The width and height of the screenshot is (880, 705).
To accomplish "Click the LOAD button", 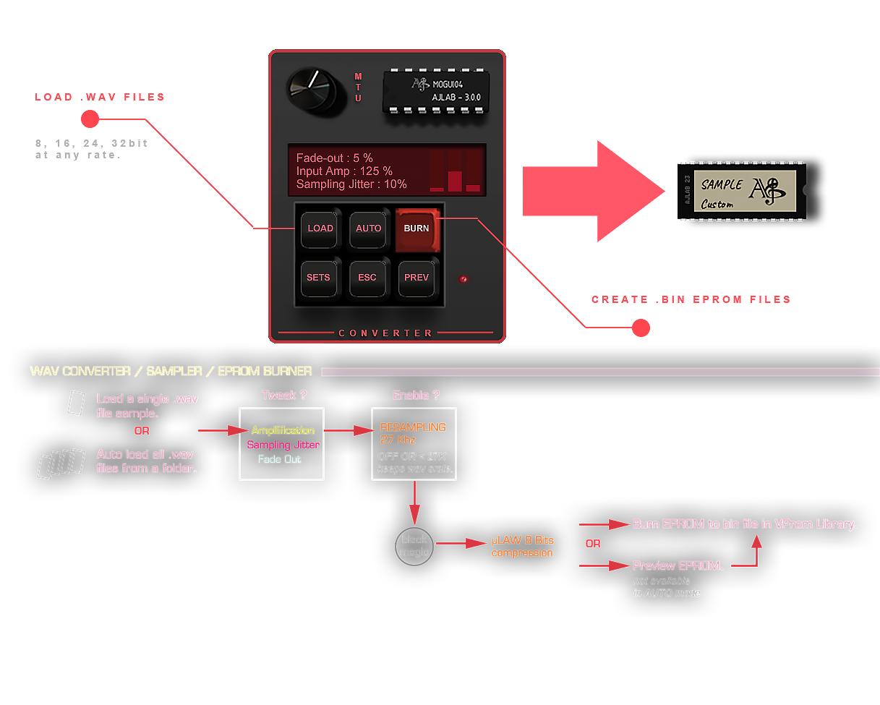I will (320, 228).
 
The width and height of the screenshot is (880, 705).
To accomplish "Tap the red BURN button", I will (416, 228).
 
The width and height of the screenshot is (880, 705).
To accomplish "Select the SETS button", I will (318, 277).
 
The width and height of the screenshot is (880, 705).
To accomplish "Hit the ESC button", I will (367, 277).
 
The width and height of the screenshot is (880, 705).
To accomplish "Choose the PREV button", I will (416, 277).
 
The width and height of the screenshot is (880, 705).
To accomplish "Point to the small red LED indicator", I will (464, 278).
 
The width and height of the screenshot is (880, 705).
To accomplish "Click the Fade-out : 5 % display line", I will (334, 158).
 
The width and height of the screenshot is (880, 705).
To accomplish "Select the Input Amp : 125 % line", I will (344, 171).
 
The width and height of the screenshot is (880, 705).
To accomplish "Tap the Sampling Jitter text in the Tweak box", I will (283, 445).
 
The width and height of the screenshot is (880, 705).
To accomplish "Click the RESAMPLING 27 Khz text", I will (413, 433).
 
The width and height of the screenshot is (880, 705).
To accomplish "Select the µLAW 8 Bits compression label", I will (522, 547).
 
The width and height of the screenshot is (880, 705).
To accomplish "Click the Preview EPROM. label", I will (678, 565).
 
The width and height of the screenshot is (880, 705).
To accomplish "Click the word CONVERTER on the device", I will (386, 333).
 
